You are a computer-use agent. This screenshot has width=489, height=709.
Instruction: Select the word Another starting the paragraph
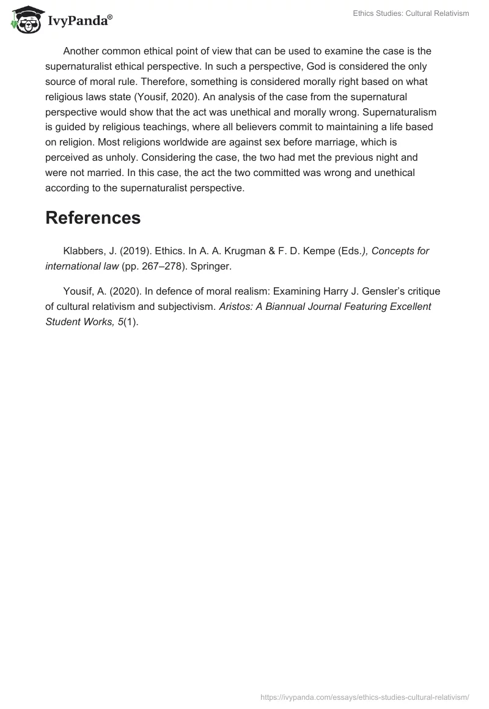click(x=83, y=51)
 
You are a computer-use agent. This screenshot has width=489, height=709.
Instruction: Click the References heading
click(x=93, y=218)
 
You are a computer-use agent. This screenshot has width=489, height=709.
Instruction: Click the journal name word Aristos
click(x=236, y=306)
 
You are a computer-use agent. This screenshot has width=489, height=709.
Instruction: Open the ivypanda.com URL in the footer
click(x=365, y=696)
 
